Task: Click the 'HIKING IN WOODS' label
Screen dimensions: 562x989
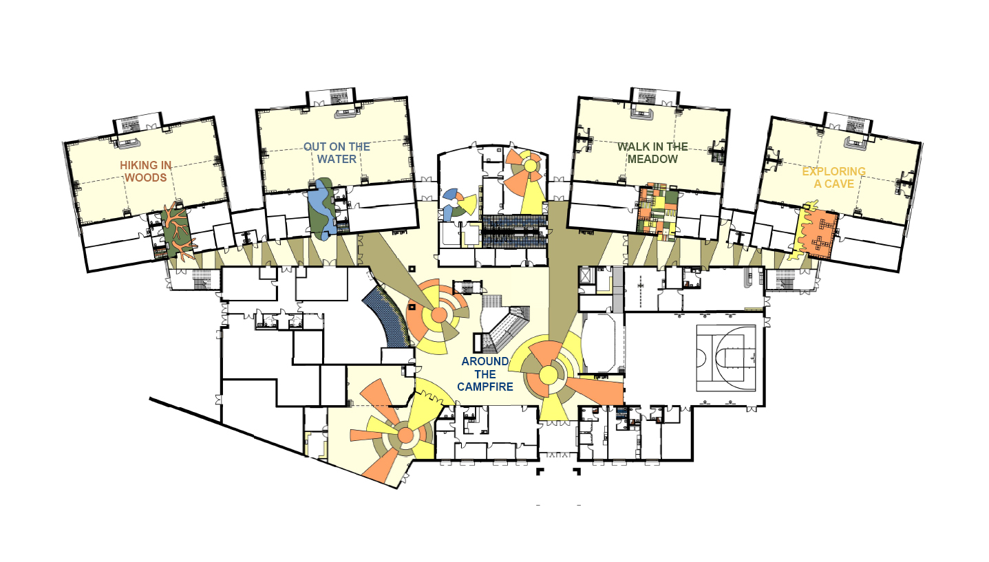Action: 144,171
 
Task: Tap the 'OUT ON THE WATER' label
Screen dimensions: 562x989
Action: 337,153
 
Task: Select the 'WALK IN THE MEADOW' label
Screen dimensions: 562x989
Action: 652,153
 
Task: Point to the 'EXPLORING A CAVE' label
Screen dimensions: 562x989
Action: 833,177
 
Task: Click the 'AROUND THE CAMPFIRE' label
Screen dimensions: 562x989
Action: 485,374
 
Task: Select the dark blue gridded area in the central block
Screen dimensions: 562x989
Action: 515,230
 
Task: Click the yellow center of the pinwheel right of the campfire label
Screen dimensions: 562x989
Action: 548,375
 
